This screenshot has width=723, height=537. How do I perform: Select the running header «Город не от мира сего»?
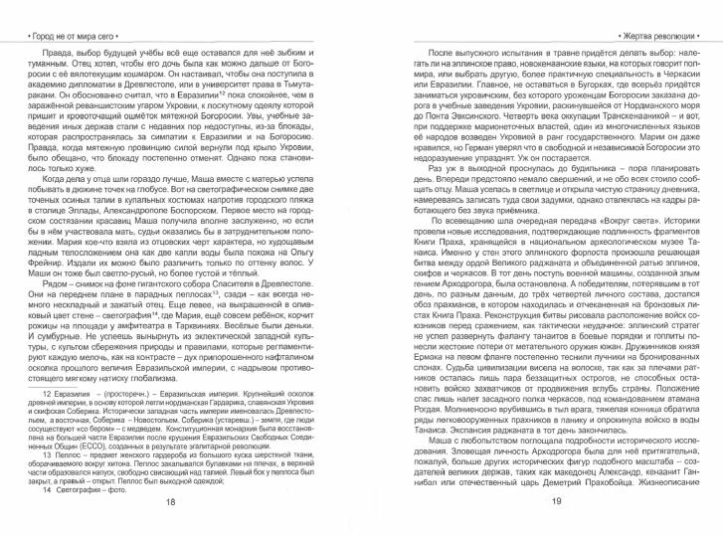61,11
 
